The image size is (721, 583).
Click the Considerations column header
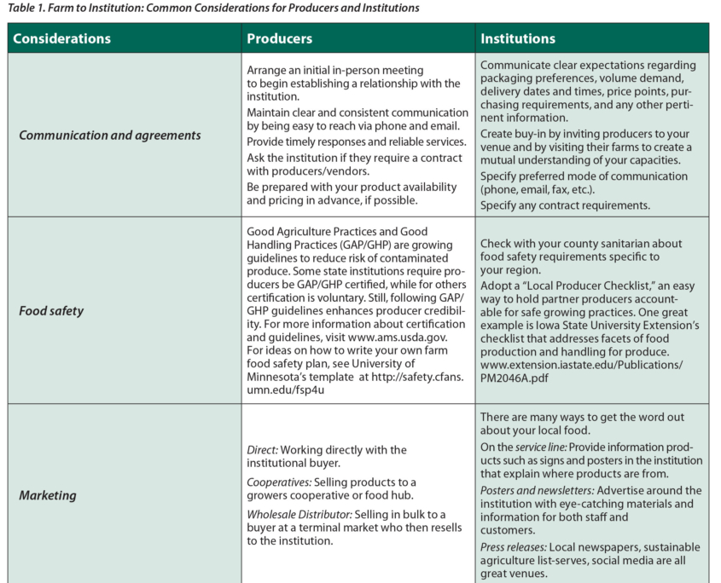(x=61, y=38)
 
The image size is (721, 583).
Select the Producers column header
(x=279, y=38)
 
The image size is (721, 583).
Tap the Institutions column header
(x=518, y=38)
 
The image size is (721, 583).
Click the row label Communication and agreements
(x=110, y=136)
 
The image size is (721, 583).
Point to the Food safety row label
(x=51, y=311)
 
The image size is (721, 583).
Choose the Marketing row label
(x=48, y=495)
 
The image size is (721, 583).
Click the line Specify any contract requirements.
(x=565, y=205)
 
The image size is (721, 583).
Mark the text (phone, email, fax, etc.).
(x=548, y=190)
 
